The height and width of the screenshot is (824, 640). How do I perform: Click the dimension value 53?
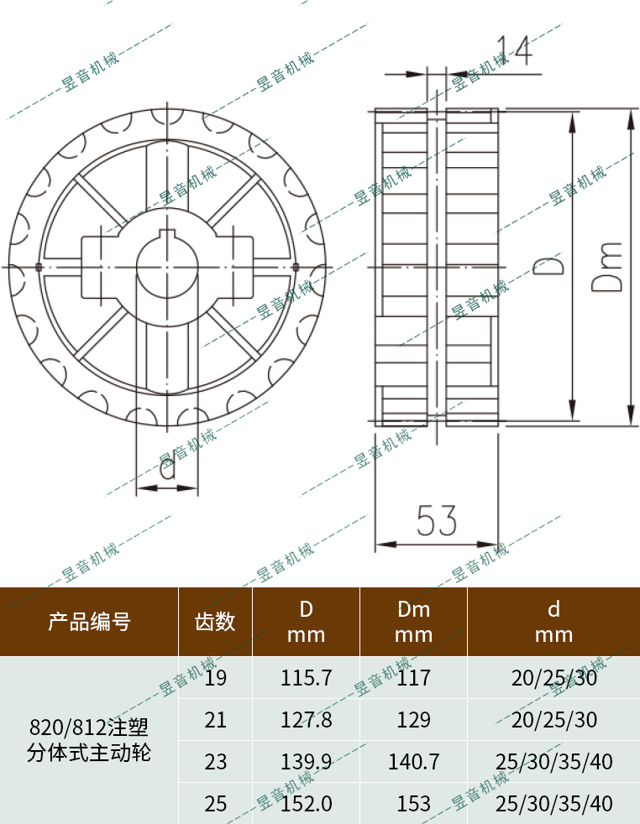pos(437,521)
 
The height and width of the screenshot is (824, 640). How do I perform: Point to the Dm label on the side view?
pos(606,267)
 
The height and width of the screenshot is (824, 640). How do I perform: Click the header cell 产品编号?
pos(89,622)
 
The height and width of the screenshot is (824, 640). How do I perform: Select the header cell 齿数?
pos(215,622)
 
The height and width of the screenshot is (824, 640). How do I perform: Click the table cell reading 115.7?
pos(306,677)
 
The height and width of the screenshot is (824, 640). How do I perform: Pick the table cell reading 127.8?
pos(306,719)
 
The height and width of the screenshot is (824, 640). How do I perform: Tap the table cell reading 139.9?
pos(306,761)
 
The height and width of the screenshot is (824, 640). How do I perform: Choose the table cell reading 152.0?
pos(306,803)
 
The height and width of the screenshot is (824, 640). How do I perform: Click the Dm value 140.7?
pos(413,761)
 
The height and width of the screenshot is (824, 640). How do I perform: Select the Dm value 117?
pos(413,677)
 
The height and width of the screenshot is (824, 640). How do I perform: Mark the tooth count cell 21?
pos(216,719)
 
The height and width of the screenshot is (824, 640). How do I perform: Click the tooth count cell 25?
pos(216,803)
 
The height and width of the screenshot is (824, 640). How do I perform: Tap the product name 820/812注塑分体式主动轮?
pos(89,738)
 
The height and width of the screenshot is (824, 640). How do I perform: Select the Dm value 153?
pos(413,803)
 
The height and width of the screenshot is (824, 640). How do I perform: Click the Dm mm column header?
pos(413,622)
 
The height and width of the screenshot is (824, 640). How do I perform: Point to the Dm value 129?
pos(413,719)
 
